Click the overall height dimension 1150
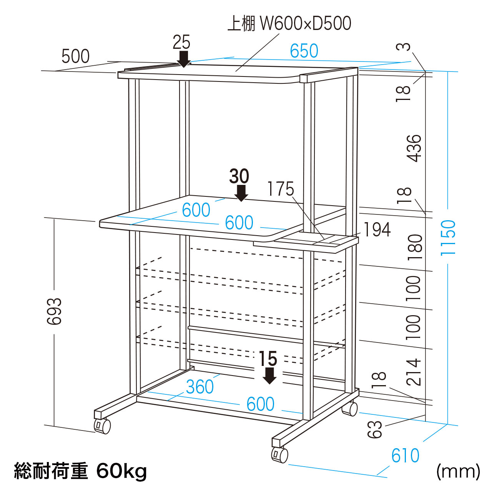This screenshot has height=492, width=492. [448, 237]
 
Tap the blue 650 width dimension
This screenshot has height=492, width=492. [304, 51]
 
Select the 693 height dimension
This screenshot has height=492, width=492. [54, 311]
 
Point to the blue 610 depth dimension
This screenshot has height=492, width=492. [405, 456]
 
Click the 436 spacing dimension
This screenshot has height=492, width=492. [414, 148]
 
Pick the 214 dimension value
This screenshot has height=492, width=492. [414, 372]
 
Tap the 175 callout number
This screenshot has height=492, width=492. [281, 189]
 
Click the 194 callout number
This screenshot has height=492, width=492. [377, 230]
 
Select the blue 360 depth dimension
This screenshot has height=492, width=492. [200, 387]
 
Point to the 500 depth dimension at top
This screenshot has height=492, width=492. [76, 57]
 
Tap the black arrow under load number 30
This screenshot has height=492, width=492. [241, 193]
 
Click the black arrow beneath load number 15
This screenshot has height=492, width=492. [270, 376]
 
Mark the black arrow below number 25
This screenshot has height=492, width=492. [184, 59]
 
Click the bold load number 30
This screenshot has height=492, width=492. [239, 176]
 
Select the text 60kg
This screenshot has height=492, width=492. [121, 470]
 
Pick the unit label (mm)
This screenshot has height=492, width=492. [458, 471]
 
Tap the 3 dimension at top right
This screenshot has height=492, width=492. [404, 47]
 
